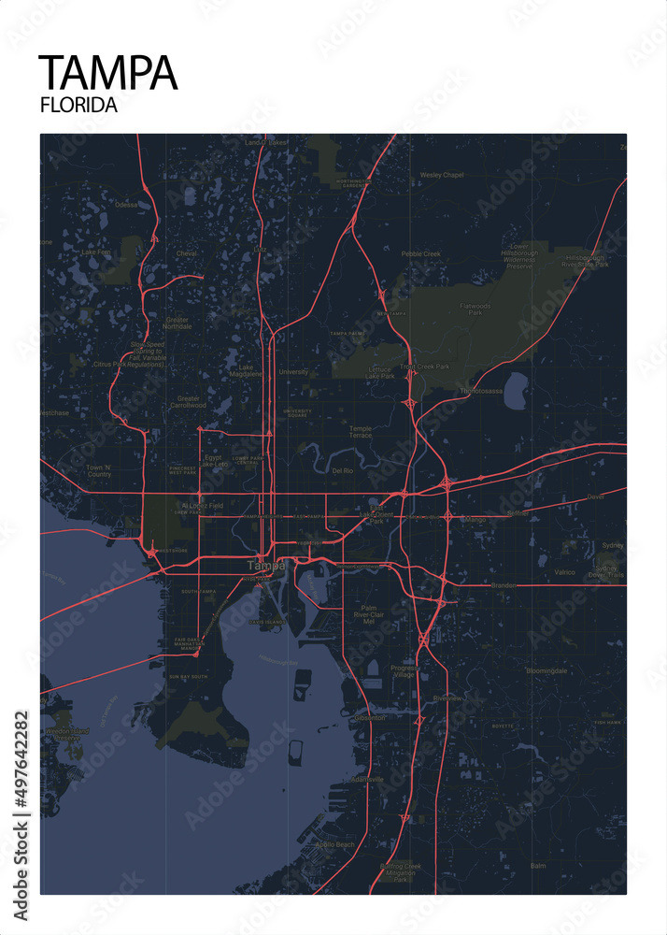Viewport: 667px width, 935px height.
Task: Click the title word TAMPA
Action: point(107,72)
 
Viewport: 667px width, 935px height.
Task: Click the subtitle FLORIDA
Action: point(78,105)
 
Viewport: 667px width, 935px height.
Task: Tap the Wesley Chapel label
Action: point(442,175)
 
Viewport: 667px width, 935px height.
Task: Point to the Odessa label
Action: point(125,204)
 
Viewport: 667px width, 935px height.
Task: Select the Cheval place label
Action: point(187,253)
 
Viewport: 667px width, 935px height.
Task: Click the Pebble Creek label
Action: point(420,253)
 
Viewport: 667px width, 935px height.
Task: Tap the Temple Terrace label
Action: point(361,432)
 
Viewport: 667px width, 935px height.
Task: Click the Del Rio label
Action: point(342,471)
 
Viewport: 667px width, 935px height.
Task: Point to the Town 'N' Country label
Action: point(98,470)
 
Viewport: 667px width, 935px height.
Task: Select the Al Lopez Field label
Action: point(203,505)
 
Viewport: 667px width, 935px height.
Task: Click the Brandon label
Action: point(504,584)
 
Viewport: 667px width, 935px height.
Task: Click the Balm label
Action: point(537,866)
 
